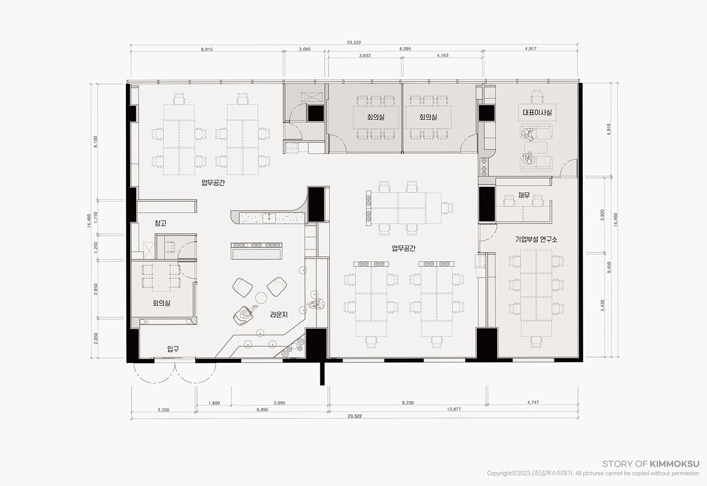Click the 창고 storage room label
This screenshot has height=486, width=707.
[x=160, y=223]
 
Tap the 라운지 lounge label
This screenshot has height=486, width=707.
[x=279, y=314]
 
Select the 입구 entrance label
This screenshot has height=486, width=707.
[x=173, y=349]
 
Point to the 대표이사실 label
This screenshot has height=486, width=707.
[x=537, y=112]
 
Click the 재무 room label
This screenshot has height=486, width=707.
[x=524, y=195]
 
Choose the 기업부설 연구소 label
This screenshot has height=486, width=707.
[x=536, y=239]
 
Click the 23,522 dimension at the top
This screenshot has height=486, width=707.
[x=354, y=42]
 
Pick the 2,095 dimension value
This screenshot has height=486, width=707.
[x=304, y=49]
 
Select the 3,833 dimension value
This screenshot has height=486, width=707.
[x=365, y=56]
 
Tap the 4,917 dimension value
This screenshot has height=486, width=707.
[x=531, y=49]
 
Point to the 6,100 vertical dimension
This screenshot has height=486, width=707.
[x=96, y=142]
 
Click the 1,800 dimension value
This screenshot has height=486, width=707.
[x=214, y=403]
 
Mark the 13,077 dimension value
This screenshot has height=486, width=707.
[x=454, y=409]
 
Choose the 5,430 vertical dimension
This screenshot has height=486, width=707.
[x=603, y=306]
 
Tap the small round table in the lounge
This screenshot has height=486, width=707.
[x=261, y=297]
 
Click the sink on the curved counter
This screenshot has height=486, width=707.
[x=269, y=218]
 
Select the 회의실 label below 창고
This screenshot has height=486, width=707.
[x=161, y=303]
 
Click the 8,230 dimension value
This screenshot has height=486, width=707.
[x=408, y=403]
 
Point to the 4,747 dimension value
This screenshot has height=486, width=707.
[x=533, y=403]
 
